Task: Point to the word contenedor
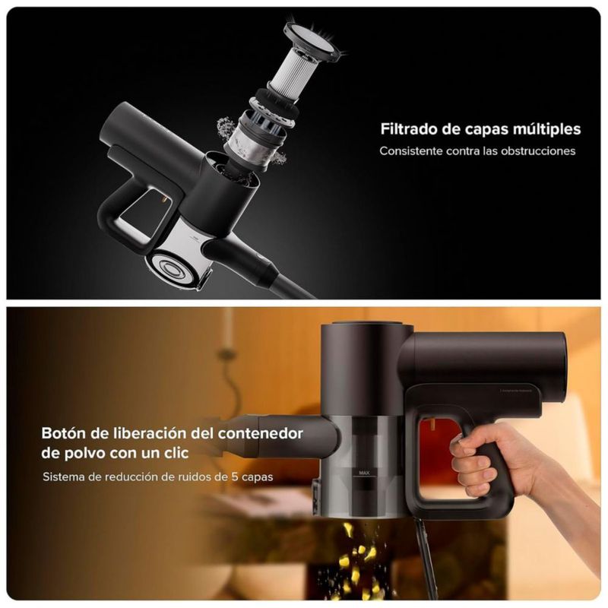click(260, 433)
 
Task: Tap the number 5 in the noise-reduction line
click(235, 477)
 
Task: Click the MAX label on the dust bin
click(364, 473)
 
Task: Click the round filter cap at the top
click(313, 41)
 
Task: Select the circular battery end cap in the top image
click(170, 268)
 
